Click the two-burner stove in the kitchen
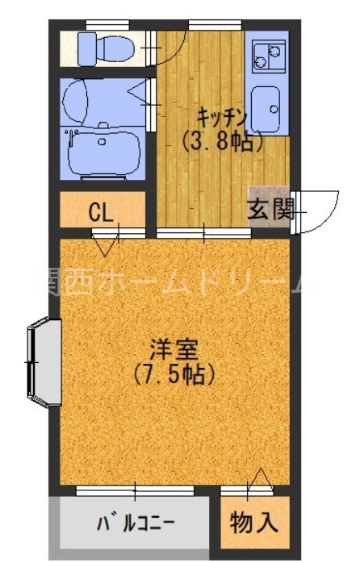[266, 56]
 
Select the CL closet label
[101, 212]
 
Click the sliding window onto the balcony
[136, 490]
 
